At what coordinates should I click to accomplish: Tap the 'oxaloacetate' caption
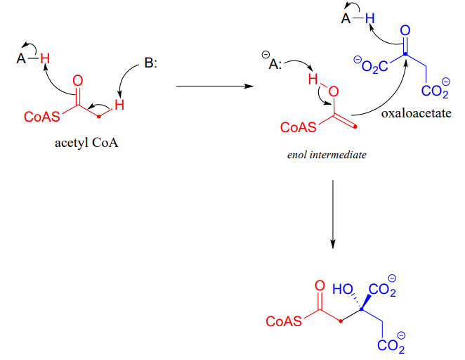tap(417, 113)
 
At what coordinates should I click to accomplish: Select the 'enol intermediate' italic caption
tap(327, 154)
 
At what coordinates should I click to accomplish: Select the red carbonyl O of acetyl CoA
tap(77, 79)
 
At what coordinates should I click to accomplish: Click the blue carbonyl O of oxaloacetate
tap(405, 30)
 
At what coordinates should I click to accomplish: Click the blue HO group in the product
tap(343, 289)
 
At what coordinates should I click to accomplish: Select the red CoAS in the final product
tap(284, 321)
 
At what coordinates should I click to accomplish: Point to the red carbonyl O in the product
tap(320, 286)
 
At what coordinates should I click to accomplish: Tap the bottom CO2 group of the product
tap(391, 346)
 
